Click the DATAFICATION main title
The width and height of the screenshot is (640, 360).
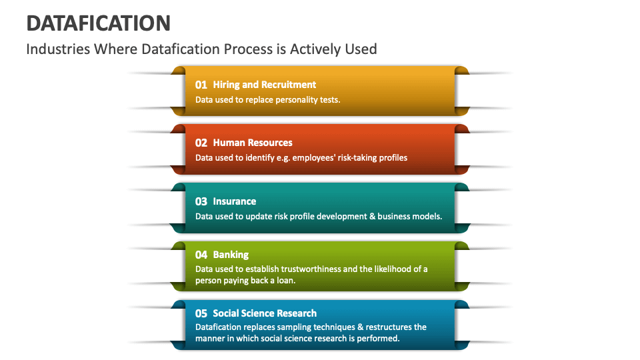[98, 23]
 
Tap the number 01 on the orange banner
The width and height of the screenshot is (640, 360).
[201, 85]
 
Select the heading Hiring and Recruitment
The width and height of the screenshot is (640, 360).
[264, 85]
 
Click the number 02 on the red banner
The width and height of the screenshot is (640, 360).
[201, 143]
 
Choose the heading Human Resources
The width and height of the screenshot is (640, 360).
[252, 143]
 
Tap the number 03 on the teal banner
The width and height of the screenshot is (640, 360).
[201, 201]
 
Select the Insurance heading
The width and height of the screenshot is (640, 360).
[234, 201]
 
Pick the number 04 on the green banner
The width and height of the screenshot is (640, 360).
[201, 255]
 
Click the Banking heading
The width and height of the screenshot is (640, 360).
[231, 255]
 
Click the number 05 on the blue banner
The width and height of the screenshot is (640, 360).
[201, 313]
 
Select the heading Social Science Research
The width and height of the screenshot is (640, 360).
[265, 313]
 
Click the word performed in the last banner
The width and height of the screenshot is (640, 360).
[378, 339]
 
